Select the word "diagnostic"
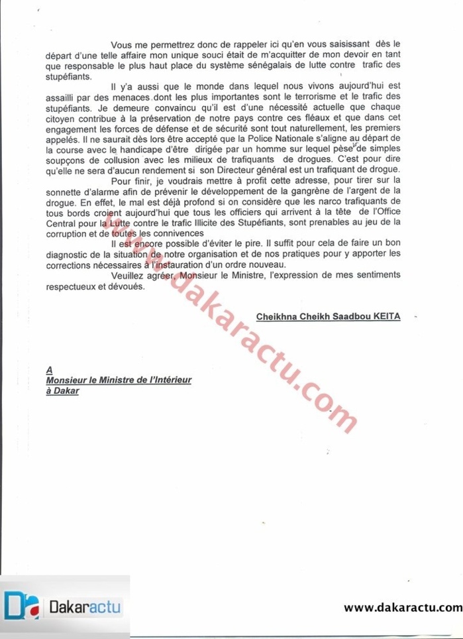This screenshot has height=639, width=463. point(69,254)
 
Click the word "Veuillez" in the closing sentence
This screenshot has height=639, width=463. point(130,275)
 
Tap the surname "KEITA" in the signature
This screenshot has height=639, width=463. point(382,318)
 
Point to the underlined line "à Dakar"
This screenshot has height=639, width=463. point(63,391)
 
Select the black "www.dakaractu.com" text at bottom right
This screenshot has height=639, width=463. point(402,607)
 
